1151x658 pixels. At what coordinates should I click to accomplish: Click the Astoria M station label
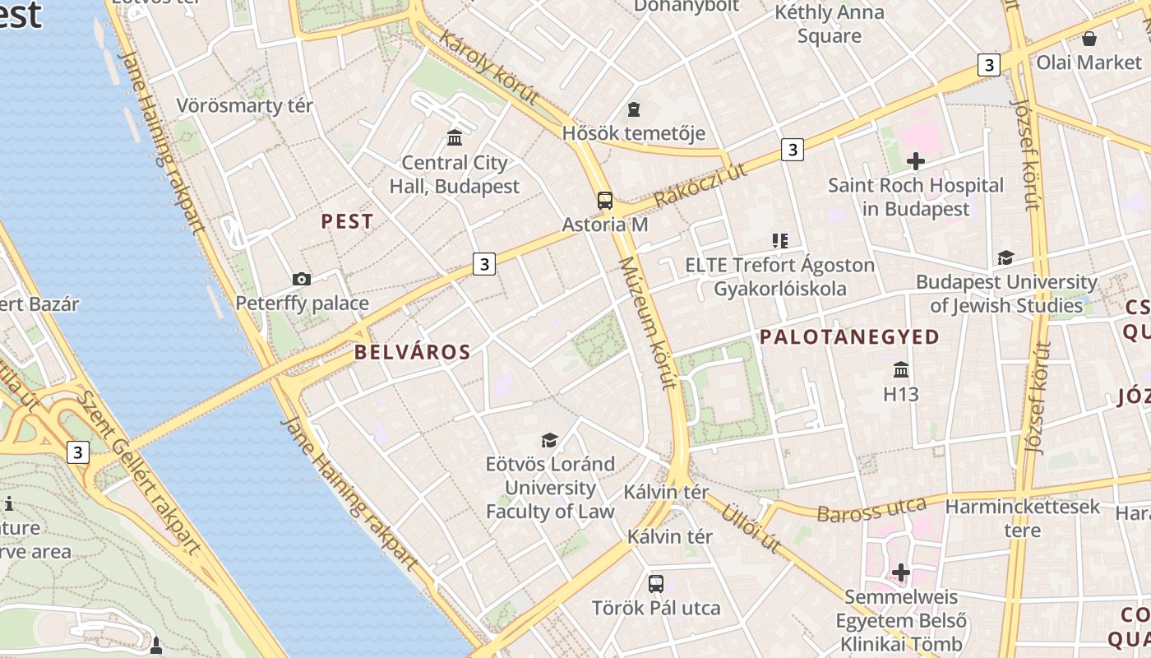click(605, 225)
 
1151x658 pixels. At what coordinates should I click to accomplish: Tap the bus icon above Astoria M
click(605, 200)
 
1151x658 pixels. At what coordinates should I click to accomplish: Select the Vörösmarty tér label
click(245, 106)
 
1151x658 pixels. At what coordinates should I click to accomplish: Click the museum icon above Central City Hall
click(455, 137)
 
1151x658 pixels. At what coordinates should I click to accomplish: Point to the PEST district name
click(347, 221)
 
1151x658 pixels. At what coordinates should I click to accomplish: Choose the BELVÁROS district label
click(412, 353)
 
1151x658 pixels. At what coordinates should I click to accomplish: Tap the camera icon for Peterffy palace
click(302, 279)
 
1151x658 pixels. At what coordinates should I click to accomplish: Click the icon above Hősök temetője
click(633, 109)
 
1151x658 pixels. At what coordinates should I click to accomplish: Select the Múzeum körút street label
click(647, 322)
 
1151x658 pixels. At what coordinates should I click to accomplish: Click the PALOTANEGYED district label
click(849, 336)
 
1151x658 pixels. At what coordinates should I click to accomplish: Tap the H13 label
click(901, 394)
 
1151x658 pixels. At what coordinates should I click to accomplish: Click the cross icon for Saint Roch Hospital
click(915, 161)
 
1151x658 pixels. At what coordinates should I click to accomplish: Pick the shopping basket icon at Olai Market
click(1089, 39)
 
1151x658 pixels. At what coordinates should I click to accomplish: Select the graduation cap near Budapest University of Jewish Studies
click(1005, 258)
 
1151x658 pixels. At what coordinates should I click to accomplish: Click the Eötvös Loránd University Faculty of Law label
click(550, 487)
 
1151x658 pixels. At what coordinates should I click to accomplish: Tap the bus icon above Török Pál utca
click(655, 584)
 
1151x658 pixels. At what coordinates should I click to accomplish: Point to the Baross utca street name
click(871, 509)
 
